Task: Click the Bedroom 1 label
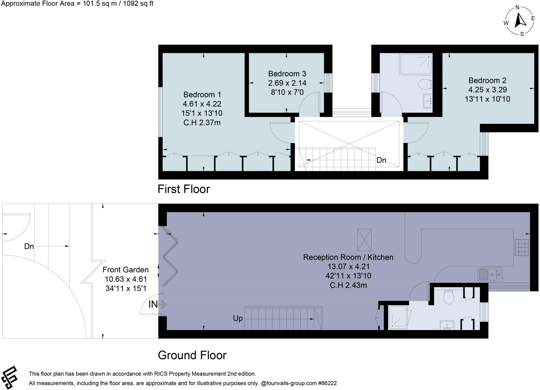pyautogui.click(x=202, y=94)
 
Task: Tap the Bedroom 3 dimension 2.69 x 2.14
pyautogui.click(x=287, y=83)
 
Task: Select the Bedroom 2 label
pyautogui.click(x=487, y=80)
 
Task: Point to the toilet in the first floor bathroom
pyautogui.click(x=425, y=84)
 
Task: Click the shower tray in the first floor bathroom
pyautogui.click(x=416, y=64)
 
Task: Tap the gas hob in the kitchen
pyautogui.click(x=522, y=247)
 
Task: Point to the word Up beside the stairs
pyautogui.click(x=238, y=318)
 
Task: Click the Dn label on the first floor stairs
pyautogui.click(x=381, y=160)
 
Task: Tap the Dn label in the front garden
pyautogui.click(x=29, y=246)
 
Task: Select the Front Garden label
pyautogui.click(x=126, y=270)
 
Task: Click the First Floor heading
pyautogui.click(x=184, y=189)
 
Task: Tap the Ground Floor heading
pyautogui.click(x=192, y=355)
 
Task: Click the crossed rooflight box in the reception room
pyautogui.click(x=364, y=240)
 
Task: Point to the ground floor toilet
pyautogui.click(x=448, y=297)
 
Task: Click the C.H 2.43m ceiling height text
pyautogui.click(x=348, y=285)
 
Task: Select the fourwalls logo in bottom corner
pyautogui.click(x=9, y=377)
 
